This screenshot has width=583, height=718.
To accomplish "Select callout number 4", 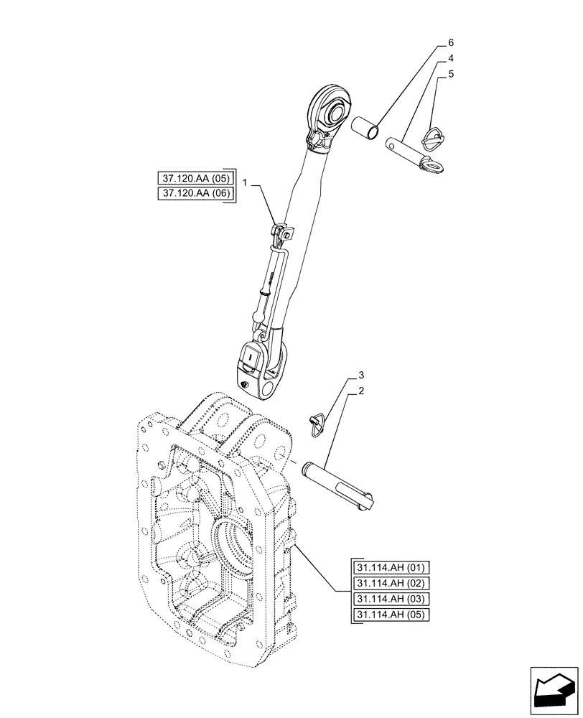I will click(450, 57).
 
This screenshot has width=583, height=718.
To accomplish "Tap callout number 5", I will click(450, 73).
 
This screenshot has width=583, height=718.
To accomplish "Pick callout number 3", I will click(361, 376).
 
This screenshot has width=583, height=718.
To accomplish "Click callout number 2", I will click(361, 391).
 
